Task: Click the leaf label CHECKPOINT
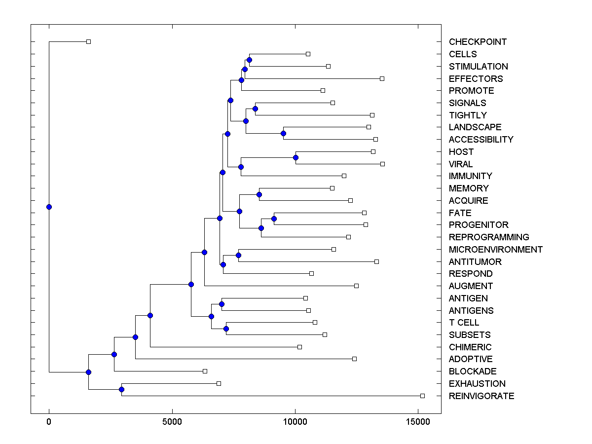[x=478, y=42]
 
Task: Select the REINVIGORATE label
[x=481, y=396]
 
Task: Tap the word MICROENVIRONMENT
[x=495, y=250]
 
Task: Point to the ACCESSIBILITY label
[x=481, y=140]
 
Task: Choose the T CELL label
[x=464, y=323]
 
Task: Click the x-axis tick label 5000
[x=172, y=422]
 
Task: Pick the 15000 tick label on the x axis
[x=418, y=422]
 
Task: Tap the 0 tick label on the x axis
[x=49, y=422]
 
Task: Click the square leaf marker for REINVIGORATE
[x=422, y=396]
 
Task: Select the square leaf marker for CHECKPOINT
[x=88, y=41]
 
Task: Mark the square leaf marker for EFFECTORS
[x=382, y=78]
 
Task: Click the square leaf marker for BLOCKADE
[x=205, y=371]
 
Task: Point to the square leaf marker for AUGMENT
[x=356, y=286]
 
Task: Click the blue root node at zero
[x=49, y=207]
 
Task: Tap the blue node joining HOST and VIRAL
[x=296, y=157]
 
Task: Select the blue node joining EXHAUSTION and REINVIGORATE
[x=121, y=390]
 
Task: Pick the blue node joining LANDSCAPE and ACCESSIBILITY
[x=283, y=133]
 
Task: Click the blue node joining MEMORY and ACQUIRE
[x=259, y=194]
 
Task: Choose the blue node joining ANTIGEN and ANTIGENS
[x=222, y=304]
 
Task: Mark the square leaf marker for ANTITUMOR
[x=376, y=261]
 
